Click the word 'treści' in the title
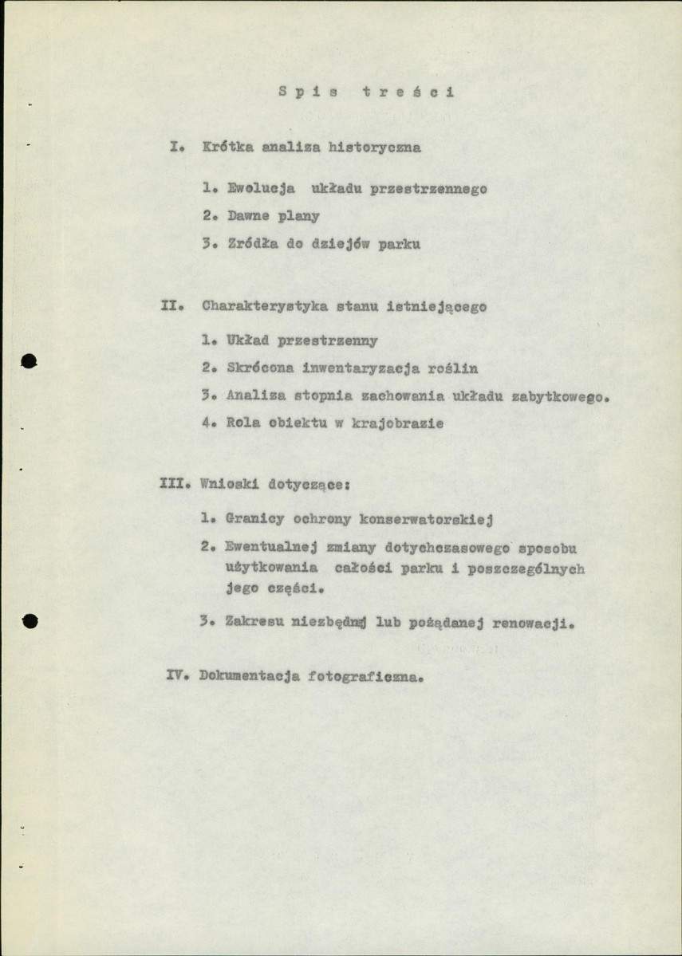point(408,92)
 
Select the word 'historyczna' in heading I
point(376,148)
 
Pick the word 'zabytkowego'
point(559,395)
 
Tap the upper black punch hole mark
point(30,360)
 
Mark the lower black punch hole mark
point(30,620)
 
